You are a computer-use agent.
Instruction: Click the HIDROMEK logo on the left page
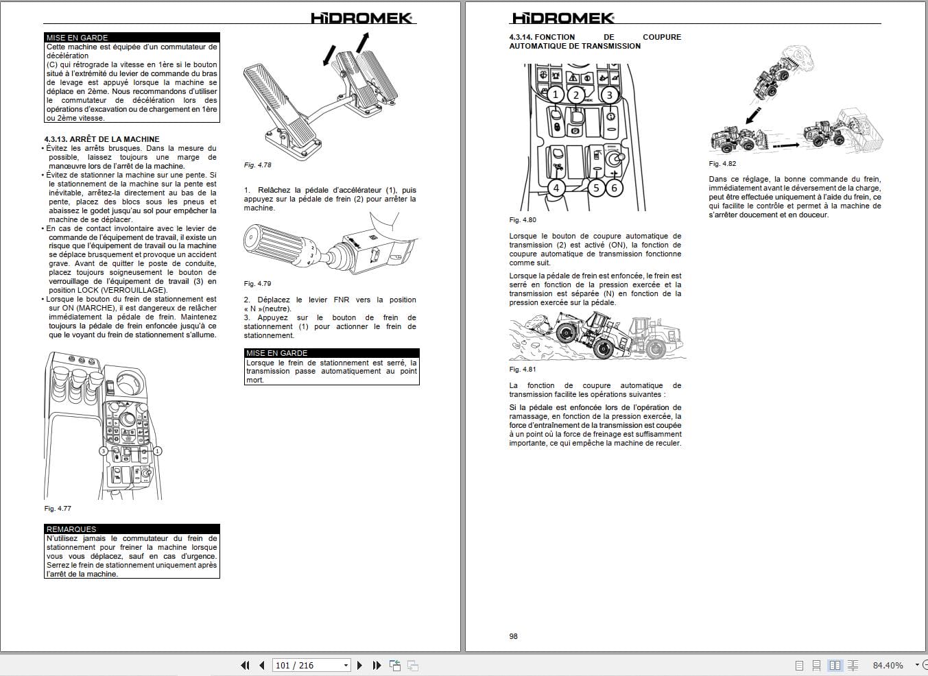pyautogui.click(x=361, y=18)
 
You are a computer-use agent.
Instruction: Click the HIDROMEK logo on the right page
pyautogui.click(x=563, y=19)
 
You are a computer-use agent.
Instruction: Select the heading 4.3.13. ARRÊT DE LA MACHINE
pyautogui.click(x=102, y=139)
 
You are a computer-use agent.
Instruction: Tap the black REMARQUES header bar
pyautogui.click(x=132, y=529)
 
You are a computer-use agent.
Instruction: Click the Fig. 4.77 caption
pyautogui.click(x=58, y=509)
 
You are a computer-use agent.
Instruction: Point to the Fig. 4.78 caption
pyautogui.click(x=258, y=165)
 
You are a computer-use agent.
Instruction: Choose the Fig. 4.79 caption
pyautogui.click(x=258, y=284)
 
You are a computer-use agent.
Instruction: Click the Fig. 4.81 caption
pyautogui.click(x=523, y=370)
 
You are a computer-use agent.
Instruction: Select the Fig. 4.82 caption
pyautogui.click(x=722, y=164)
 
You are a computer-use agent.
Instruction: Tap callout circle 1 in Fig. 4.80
pyautogui.click(x=556, y=95)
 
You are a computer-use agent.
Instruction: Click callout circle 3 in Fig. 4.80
pyautogui.click(x=608, y=95)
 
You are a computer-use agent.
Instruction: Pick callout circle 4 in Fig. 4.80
pyautogui.click(x=556, y=187)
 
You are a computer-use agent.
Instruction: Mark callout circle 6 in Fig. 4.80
pyautogui.click(x=614, y=187)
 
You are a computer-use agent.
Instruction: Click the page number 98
pyautogui.click(x=514, y=636)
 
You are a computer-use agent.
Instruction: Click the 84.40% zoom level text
pyautogui.click(x=888, y=665)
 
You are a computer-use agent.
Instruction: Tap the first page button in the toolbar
pyautogui.click(x=246, y=665)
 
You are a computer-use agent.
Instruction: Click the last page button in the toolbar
pyautogui.click(x=377, y=665)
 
